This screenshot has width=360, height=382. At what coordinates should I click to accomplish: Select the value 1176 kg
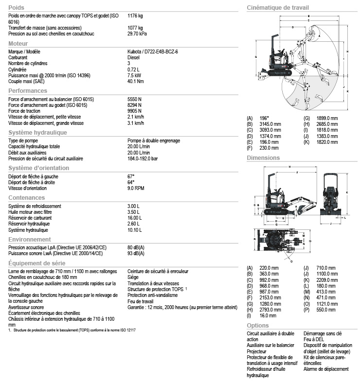coord(135,16)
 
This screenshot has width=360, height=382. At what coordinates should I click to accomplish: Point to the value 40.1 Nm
coord(136,81)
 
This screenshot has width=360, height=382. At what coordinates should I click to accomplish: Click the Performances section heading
coord(28,90)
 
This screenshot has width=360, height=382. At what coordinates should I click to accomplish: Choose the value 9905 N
coord(134,111)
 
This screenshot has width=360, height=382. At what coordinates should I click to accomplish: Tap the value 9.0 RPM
coord(136,188)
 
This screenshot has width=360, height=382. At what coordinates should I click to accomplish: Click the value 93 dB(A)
coord(136,253)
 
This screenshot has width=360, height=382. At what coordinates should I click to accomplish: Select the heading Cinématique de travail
coord(278,7)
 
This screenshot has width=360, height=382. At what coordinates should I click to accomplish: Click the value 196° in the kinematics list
coord(264,118)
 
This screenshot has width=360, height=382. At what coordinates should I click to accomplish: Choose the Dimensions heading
coord(263,158)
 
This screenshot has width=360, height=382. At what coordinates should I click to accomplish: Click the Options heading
coord(257,325)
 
